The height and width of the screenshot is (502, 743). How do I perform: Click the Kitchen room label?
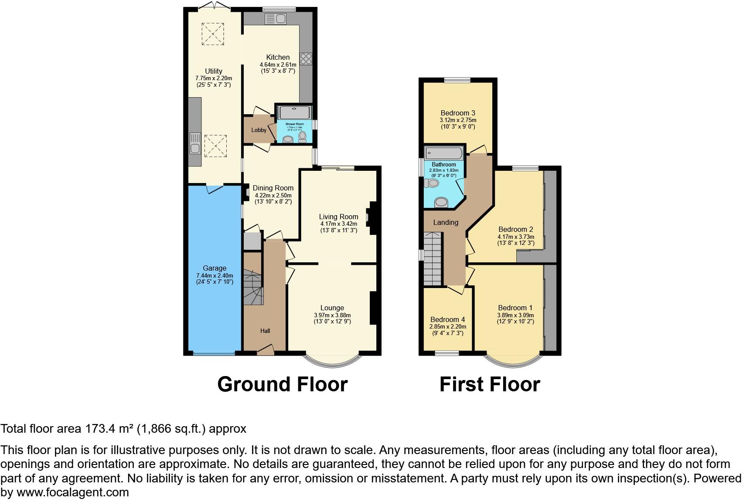point(278,57)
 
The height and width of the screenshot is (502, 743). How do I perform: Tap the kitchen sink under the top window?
point(275,19)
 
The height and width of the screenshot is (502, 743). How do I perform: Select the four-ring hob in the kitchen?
point(306,59)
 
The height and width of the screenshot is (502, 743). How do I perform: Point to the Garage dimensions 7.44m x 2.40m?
point(215,275)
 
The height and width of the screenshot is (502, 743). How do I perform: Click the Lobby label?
point(259,130)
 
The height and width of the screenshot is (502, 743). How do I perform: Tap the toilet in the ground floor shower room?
point(303,137)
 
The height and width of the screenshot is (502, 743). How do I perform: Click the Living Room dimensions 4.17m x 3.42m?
point(338,224)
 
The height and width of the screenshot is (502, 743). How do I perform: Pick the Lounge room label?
point(332,308)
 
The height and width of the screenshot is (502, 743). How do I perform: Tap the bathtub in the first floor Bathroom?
point(444,153)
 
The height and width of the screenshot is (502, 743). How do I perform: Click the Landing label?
point(445,222)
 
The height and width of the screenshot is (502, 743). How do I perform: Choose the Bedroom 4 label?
point(447,319)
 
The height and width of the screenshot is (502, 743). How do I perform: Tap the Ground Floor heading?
point(282,384)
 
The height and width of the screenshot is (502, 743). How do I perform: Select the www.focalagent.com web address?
point(73,492)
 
